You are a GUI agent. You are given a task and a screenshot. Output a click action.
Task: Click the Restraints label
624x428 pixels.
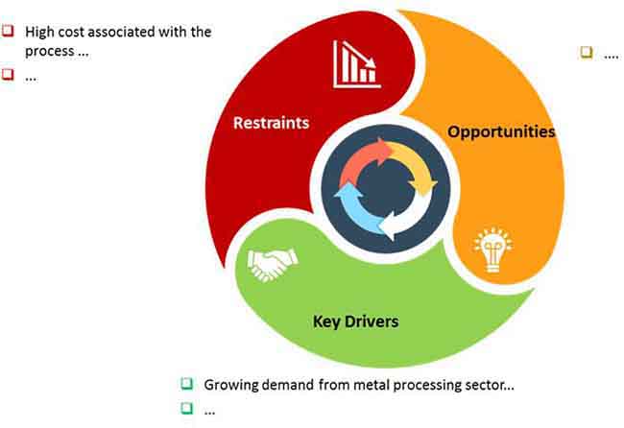point(271,123)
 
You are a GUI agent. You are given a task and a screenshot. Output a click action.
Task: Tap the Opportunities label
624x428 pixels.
point(501,132)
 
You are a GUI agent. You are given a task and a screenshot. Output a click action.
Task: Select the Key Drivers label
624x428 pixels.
point(356,321)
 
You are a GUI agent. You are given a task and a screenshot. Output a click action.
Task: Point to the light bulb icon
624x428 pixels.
point(493,250)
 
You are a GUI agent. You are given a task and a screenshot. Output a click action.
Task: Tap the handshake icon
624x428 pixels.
point(273,265)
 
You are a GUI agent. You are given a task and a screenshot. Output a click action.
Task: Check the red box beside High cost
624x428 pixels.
point(8,31)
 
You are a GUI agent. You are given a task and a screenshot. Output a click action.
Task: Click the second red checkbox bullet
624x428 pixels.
point(8,74)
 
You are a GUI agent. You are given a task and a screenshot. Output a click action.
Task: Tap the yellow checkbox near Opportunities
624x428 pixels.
point(587,52)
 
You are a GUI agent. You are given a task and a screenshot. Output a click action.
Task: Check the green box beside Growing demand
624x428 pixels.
point(186,384)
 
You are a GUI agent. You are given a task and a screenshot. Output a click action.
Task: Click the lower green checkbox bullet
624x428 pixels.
point(186,408)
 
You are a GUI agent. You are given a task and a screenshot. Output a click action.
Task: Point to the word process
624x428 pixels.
point(50,52)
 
